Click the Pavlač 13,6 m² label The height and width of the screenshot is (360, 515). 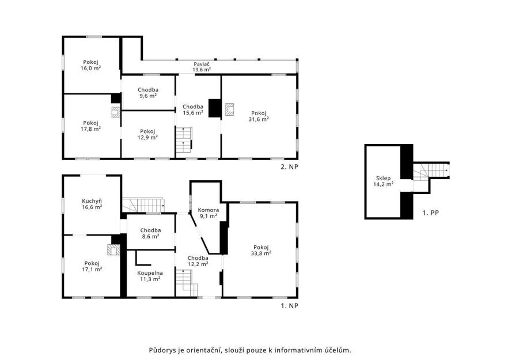coord(202,67)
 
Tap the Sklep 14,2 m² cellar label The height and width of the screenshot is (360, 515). coord(383,181)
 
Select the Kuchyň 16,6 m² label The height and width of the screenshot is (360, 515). coord(92,204)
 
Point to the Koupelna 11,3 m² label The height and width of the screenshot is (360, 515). coord(150,276)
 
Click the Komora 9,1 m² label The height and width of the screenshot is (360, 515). coord(209,213)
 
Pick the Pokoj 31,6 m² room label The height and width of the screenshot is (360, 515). coord(259,116)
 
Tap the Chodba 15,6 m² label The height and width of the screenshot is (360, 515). coord(193,109)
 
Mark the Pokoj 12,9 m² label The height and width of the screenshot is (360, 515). coord(147,134)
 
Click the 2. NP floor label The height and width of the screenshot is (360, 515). coord(289,167)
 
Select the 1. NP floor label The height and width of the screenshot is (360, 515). coord(289,306)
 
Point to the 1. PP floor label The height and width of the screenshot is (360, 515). coord(430,213)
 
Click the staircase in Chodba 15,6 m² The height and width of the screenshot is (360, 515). coord(183,139)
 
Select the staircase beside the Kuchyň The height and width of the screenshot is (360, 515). coord(143,205)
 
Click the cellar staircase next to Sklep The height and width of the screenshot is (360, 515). coord(430,171)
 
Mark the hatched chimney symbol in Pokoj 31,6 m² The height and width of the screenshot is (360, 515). coord(229,109)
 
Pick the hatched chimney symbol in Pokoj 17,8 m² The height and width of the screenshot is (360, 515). coord(116,112)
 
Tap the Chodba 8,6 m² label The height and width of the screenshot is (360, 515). coord(150,233)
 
